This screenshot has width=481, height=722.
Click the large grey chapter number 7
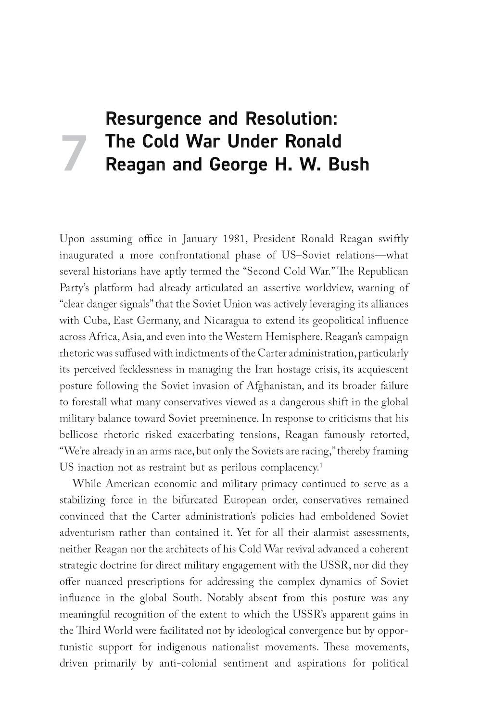point(74,153)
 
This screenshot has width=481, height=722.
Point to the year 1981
point(234,239)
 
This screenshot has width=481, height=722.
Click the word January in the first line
point(199,239)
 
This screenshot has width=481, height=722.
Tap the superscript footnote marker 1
point(320,464)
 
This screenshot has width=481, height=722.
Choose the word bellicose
point(79,435)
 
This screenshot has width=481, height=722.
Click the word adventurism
point(87,532)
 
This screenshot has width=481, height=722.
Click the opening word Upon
point(72,239)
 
